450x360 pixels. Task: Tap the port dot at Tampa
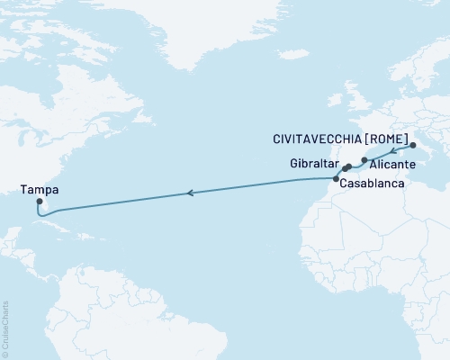[39, 202]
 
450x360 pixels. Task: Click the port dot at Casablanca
[336, 179]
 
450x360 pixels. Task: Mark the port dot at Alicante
[364, 160]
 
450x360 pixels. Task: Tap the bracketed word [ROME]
[392, 139]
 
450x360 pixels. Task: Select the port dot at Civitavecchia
[412, 145]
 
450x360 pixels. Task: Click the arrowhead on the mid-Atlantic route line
[189, 193]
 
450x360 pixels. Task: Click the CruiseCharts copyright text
[5, 328]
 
